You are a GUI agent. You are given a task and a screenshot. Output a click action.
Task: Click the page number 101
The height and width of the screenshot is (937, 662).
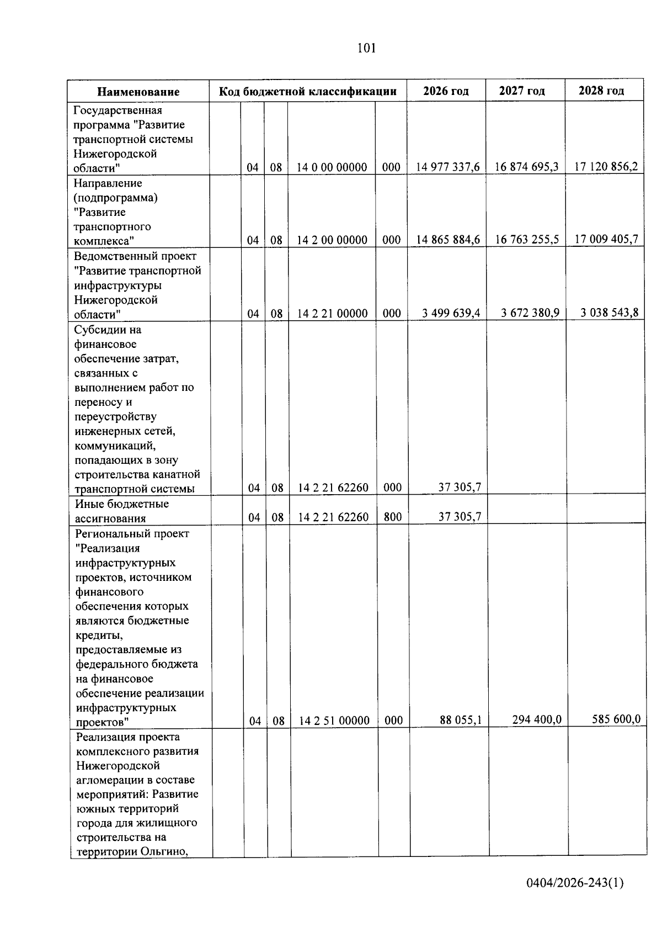(366, 48)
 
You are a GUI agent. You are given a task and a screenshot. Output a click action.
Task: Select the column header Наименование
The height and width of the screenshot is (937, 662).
(138, 92)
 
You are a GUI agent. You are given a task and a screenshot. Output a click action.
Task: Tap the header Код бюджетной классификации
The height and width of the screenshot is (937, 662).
(308, 91)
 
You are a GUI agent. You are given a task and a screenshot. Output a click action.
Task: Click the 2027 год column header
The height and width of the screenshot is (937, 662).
(522, 91)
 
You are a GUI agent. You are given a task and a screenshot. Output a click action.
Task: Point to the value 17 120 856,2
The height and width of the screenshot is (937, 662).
(606, 166)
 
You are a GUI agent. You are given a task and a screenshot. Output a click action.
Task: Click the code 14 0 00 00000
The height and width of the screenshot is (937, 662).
(332, 167)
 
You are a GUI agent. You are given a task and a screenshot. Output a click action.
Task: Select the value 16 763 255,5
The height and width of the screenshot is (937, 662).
(527, 239)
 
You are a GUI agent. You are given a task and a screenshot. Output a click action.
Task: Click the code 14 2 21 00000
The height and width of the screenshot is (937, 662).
(332, 314)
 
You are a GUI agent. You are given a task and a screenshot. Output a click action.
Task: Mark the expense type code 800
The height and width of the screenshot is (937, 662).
(392, 517)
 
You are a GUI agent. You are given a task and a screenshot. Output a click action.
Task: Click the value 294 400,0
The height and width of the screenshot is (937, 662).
(536, 719)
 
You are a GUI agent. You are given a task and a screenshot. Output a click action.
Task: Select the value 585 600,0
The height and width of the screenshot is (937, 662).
(615, 719)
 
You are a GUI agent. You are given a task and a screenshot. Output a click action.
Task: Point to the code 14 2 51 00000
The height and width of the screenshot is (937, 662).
(334, 721)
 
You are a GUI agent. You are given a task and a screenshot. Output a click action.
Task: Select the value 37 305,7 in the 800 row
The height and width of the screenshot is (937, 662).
(460, 517)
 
